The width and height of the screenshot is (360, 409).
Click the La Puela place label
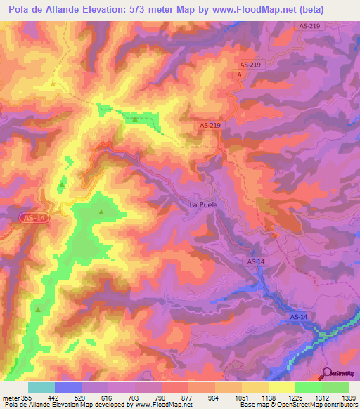(x=204, y=205)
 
